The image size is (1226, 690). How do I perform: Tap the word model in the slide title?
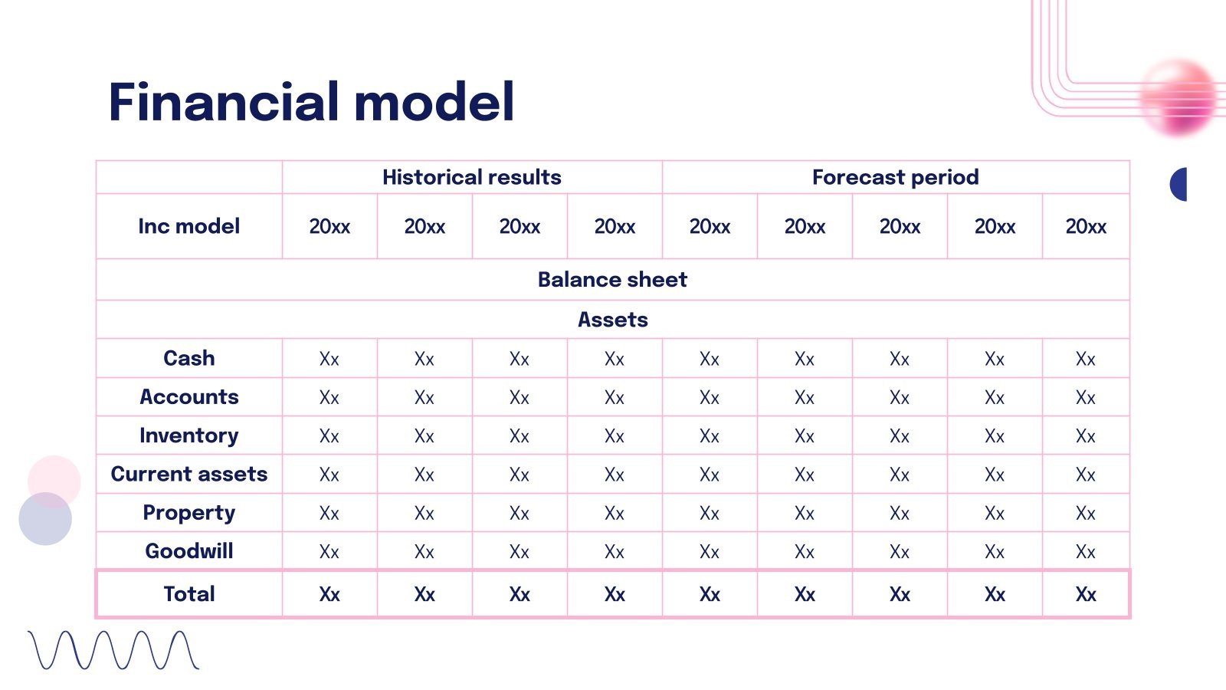coord(434,102)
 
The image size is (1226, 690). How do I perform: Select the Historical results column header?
coord(472,177)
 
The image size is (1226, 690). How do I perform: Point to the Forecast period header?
coord(896,177)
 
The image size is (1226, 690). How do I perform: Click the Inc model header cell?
coord(188,226)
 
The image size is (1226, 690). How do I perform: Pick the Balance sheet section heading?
coord(612,280)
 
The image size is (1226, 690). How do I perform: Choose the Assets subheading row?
coord(612,320)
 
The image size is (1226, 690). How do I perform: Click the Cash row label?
coord(188,358)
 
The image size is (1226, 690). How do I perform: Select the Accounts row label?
coord(188,396)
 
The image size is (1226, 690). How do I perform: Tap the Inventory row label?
coord(188,436)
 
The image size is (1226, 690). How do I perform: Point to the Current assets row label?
coord(188,474)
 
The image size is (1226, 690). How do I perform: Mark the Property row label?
coord(188,513)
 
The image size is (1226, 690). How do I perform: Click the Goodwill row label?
coord(188,551)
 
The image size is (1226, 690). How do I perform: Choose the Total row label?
coord(188,594)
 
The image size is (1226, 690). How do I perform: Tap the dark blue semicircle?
coord(1179,185)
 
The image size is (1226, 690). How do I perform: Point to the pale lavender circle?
coord(45,518)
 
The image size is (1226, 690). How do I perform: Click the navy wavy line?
coord(114,650)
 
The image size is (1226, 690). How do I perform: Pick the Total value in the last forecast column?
coord(1086,595)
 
